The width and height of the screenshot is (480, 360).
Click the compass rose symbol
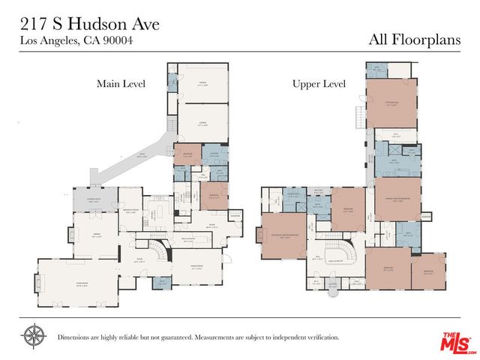pos(33,337)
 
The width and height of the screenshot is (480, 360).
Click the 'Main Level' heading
pos(121,83)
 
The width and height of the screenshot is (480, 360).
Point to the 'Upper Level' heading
pos(318,84)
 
